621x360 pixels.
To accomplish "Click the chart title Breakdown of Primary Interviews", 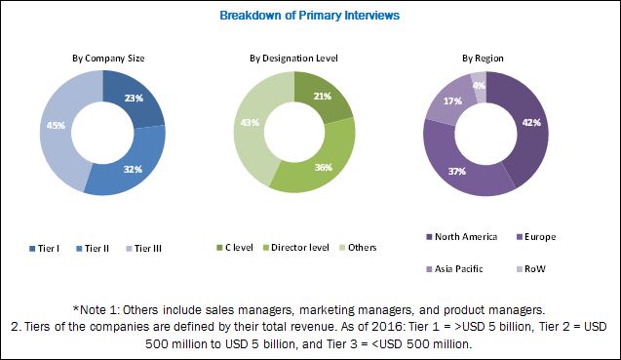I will (309, 17).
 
